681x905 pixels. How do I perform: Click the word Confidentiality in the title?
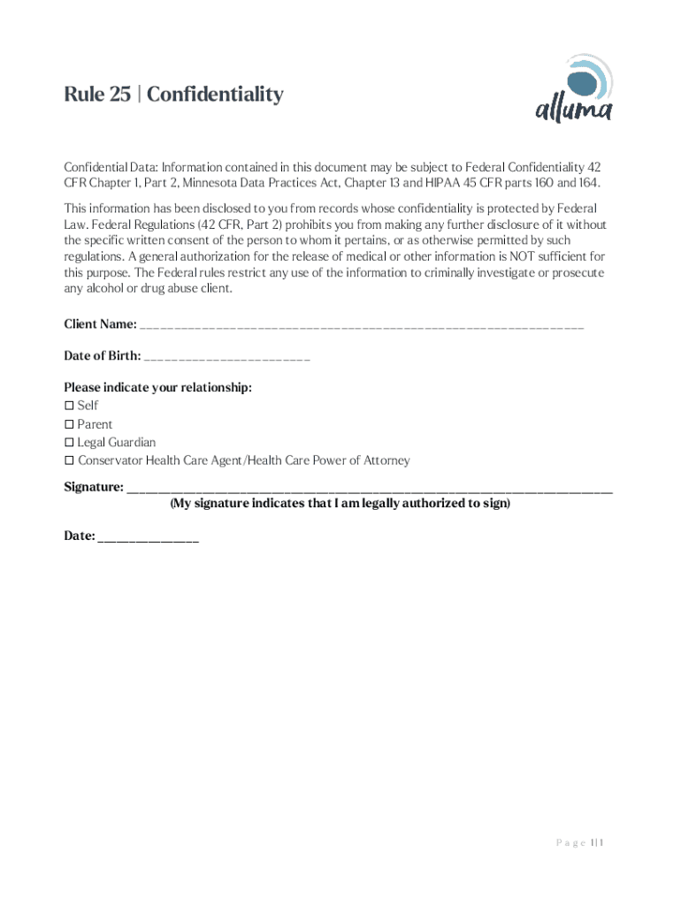tap(215, 94)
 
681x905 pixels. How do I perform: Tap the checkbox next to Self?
tap(69, 406)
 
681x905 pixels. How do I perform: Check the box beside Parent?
tap(69, 424)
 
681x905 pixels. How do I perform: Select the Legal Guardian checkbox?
tap(69, 443)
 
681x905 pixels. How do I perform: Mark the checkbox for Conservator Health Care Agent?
tap(69, 461)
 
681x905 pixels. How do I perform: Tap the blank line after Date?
tap(149, 537)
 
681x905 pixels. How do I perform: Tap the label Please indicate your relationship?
tap(157, 388)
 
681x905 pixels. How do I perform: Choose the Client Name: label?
tap(100, 324)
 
